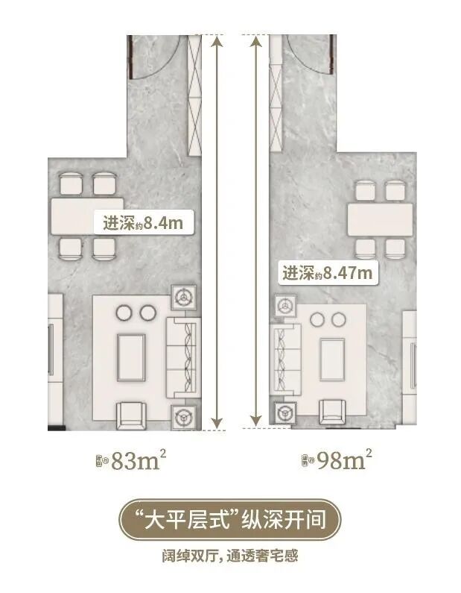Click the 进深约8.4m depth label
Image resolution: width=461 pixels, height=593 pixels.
click(x=139, y=222)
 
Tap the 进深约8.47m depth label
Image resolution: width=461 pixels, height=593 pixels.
click(x=326, y=273)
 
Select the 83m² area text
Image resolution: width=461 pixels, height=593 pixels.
click(x=131, y=461)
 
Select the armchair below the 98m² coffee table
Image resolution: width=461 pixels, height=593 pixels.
click(x=331, y=412)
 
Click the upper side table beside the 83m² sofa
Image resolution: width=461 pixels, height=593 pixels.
click(x=183, y=298)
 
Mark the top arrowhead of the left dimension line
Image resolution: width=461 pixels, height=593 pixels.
click(x=217, y=42)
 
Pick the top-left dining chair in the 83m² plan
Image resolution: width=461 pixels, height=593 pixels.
click(x=71, y=183)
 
